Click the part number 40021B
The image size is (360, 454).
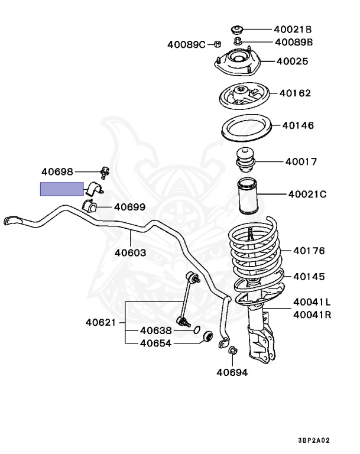(292, 29)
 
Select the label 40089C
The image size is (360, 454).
(186, 44)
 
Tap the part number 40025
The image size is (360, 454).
(291, 61)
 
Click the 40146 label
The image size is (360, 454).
(297, 126)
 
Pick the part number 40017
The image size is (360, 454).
(301, 161)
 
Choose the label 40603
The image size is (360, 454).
(131, 252)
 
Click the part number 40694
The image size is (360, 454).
(232, 372)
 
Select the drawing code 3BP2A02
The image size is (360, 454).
(313, 440)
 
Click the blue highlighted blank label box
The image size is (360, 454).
(61, 189)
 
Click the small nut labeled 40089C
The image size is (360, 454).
(217, 44)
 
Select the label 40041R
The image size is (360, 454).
(312, 314)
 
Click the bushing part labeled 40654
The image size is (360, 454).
(207, 336)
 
